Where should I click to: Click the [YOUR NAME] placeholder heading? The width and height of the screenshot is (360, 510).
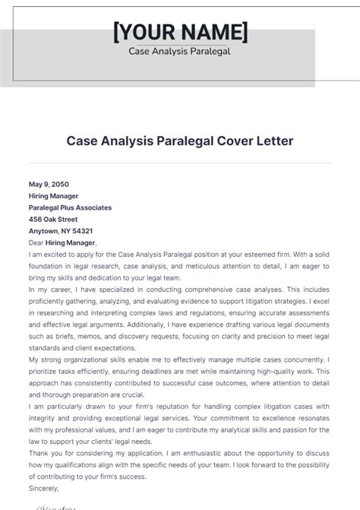tap(180, 33)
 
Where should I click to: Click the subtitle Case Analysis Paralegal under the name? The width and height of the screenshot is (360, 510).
tap(180, 52)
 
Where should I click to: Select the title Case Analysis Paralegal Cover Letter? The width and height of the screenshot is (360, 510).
tap(180, 141)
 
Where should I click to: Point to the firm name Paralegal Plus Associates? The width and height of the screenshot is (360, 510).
tap(70, 207)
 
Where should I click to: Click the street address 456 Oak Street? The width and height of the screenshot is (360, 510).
tap(53, 219)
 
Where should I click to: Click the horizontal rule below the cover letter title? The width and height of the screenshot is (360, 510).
tap(180, 162)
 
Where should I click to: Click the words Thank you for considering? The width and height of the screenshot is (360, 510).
tap(73, 454)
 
